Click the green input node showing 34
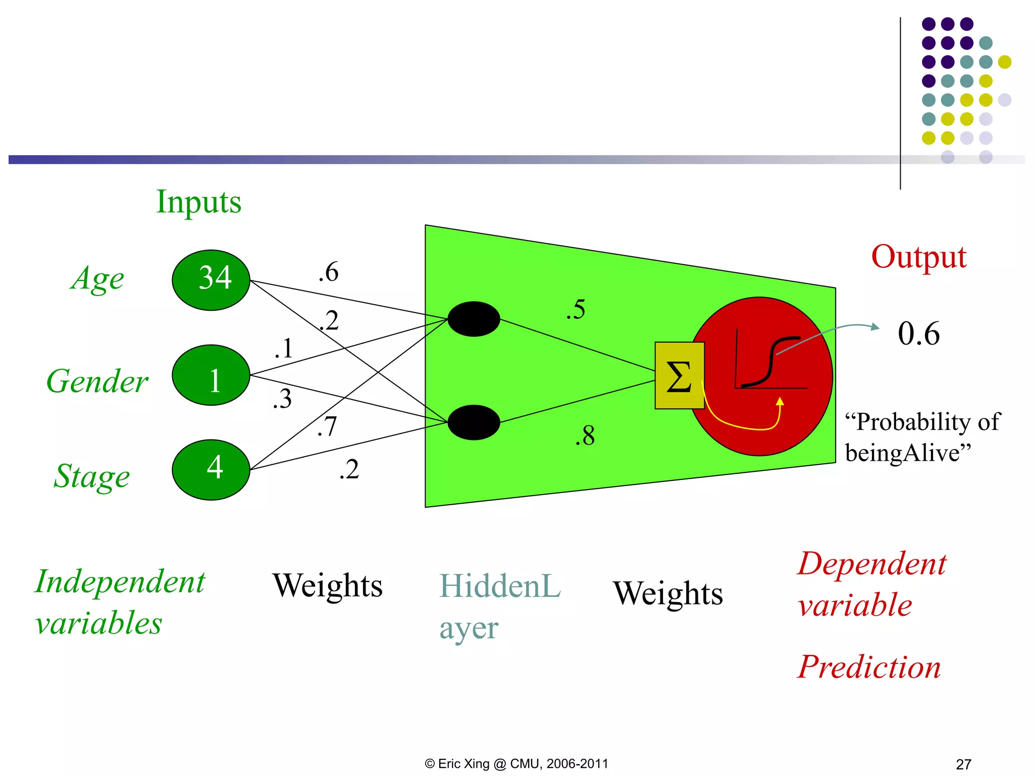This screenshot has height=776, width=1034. tap(211, 280)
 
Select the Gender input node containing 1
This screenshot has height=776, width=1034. tap(211, 375)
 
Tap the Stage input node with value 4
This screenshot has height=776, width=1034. tap(211, 469)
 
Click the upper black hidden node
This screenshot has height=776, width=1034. tap(474, 319)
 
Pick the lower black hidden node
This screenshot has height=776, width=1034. tap(474, 422)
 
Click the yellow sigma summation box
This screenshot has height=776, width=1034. tap(679, 375)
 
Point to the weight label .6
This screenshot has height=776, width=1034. tap(329, 272)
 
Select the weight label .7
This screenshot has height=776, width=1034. tap(327, 426)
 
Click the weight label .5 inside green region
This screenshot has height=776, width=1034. tap(576, 309)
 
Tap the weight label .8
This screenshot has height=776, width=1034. tap(585, 435)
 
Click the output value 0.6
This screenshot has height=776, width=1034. tap(918, 333)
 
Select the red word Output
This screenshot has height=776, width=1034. tap(918, 257)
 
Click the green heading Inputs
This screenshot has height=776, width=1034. tap(198, 202)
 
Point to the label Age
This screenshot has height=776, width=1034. tap(97, 278)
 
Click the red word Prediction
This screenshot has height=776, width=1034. tap(869, 667)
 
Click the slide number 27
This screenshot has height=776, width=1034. tap(963, 764)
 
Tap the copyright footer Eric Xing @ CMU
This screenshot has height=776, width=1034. tap(516, 763)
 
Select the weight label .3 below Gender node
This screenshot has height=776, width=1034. tap(282, 399)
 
